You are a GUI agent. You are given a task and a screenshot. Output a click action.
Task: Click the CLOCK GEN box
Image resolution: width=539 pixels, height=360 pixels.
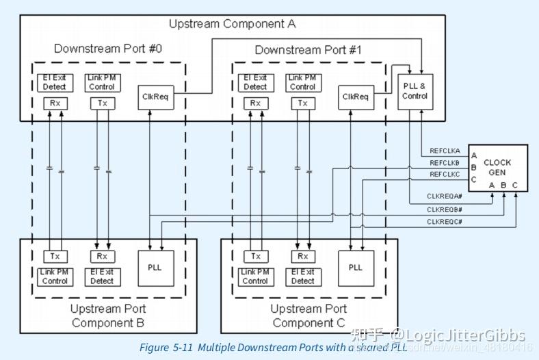pyautogui.click(x=497, y=168)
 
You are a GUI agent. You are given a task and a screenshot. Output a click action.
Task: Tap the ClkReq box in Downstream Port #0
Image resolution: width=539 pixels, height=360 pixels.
pyautogui.click(x=155, y=97)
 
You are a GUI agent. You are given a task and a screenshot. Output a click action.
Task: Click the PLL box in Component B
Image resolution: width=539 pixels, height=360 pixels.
pyautogui.click(x=155, y=267)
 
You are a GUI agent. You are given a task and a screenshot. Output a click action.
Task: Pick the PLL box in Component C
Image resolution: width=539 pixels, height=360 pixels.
pyautogui.click(x=355, y=267)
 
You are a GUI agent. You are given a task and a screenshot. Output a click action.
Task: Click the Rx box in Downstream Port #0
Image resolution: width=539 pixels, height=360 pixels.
pyautogui.click(x=55, y=103)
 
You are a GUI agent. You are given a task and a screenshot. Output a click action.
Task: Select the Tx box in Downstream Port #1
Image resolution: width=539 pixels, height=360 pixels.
pyautogui.click(x=302, y=103)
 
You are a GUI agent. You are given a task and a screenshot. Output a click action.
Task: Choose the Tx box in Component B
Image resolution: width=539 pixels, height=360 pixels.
pyautogui.click(x=55, y=256)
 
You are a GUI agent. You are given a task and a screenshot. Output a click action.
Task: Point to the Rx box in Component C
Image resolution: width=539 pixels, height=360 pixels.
pyautogui.click(x=302, y=256)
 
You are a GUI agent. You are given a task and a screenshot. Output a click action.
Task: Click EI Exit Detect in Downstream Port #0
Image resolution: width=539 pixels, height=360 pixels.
pyautogui.click(x=55, y=83)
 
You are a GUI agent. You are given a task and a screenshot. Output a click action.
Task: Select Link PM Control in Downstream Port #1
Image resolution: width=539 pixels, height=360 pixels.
pyautogui.click(x=302, y=83)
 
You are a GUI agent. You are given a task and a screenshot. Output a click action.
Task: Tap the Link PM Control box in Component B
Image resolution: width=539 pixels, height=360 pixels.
pyautogui.click(x=55, y=277)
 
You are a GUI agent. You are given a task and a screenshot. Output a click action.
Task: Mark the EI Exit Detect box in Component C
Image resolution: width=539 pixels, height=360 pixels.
pyautogui.click(x=302, y=277)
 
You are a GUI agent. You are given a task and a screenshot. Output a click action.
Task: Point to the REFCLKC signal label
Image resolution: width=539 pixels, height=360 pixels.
pyautogui.click(x=445, y=175)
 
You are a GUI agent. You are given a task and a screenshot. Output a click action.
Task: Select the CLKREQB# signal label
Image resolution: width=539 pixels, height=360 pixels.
pyautogui.click(x=445, y=209)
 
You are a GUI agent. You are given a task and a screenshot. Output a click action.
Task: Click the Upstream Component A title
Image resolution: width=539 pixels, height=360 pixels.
pyautogui.click(x=232, y=24)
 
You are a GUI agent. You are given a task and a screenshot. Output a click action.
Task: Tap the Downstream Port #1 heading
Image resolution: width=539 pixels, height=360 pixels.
pyautogui.click(x=308, y=50)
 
